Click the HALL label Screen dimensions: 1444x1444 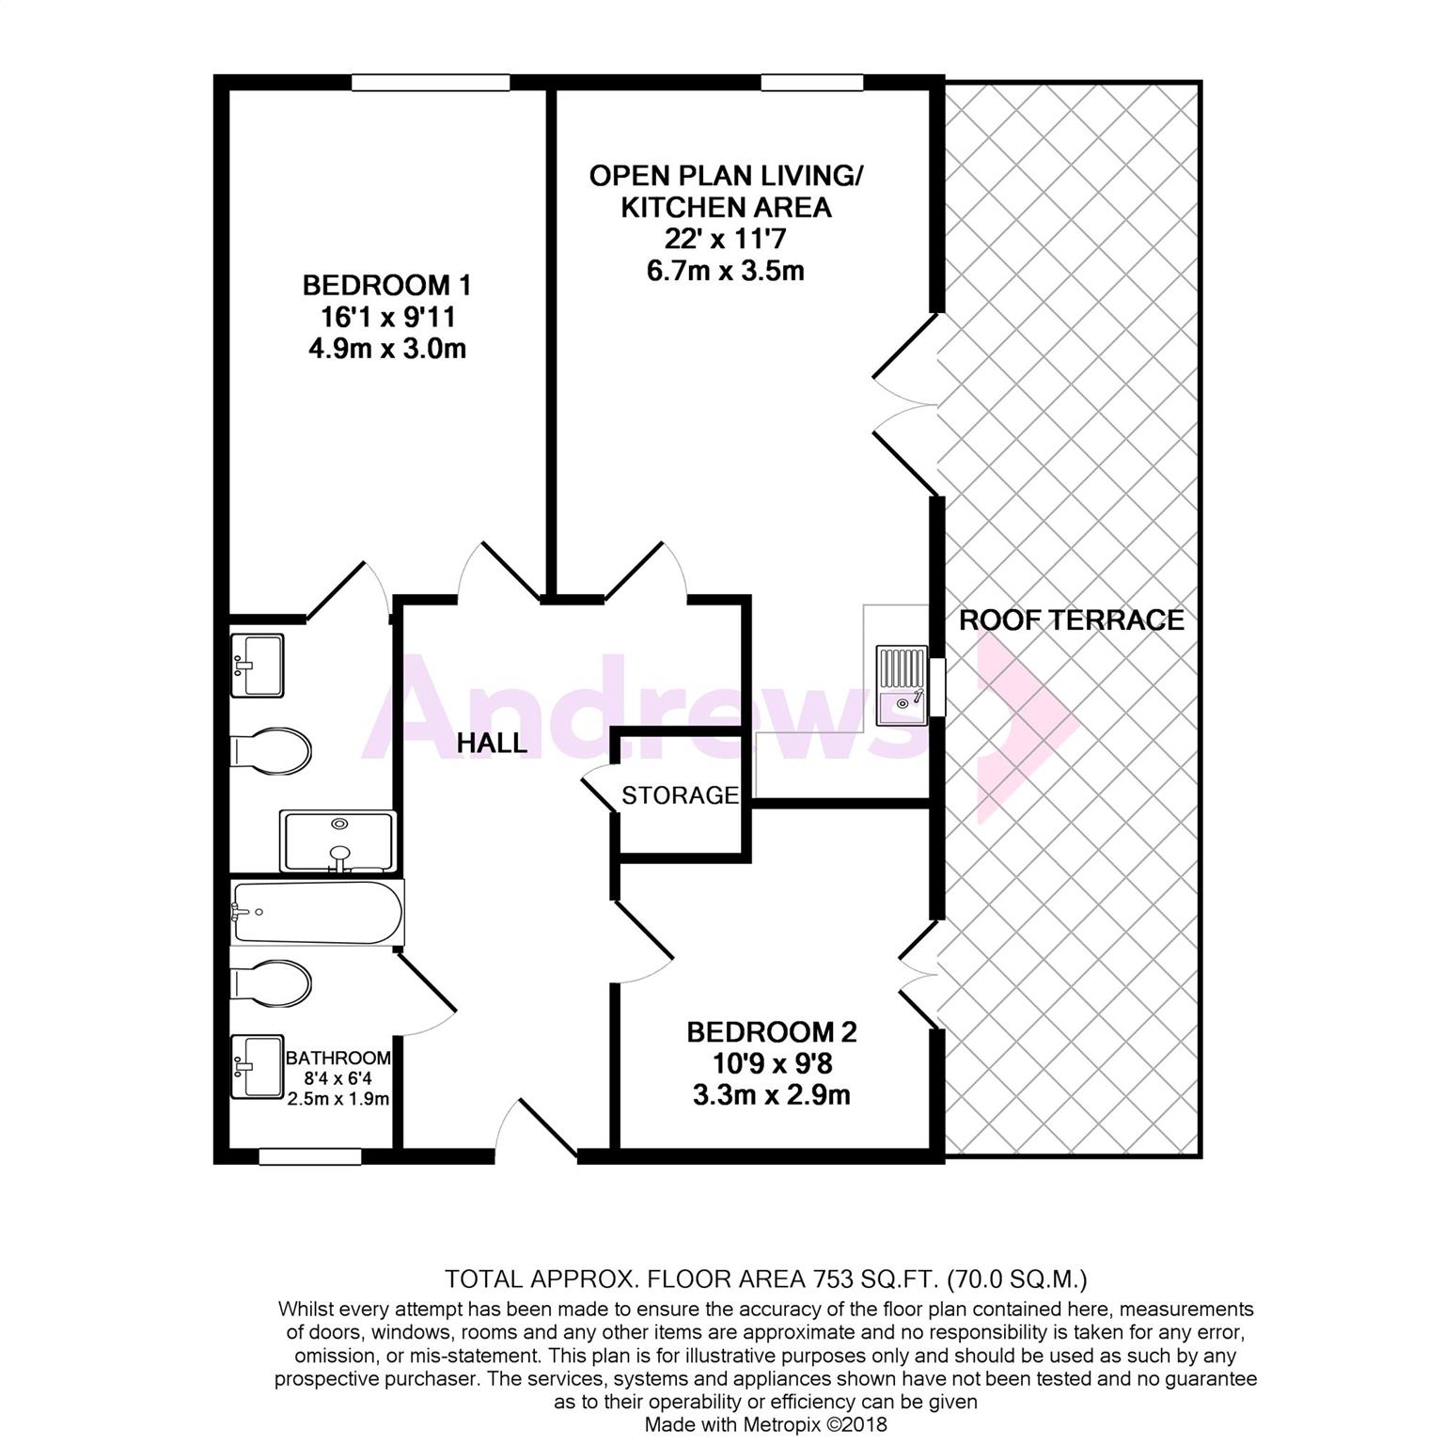coord(492,743)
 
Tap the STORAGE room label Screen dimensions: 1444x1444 coord(681,795)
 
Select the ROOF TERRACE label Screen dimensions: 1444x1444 coord(1072,620)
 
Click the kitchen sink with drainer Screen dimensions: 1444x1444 coord(902,685)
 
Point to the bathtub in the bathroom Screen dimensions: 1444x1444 coord(318,912)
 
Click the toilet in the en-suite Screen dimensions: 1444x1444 coord(271,750)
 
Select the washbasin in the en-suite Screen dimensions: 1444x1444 coord(257,665)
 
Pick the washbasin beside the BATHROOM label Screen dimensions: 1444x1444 coord(257,1067)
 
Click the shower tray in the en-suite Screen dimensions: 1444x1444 coord(337,841)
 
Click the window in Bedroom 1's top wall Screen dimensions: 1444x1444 coord(431,83)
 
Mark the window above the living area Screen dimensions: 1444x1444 coord(812,83)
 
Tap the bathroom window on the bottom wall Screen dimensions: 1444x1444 coord(310,1156)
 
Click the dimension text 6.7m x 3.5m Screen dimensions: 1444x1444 coord(725,271)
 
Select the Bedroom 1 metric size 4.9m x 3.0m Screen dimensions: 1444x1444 coord(387,349)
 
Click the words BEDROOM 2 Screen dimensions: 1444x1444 coord(772,1032)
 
